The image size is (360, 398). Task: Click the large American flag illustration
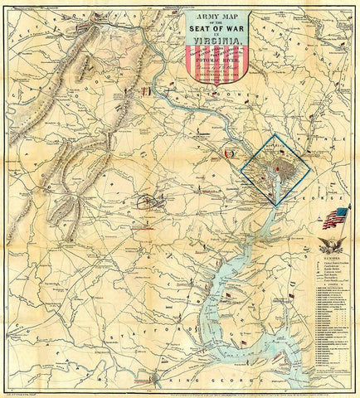click(337, 218)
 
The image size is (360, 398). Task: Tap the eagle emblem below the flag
click(331, 245)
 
